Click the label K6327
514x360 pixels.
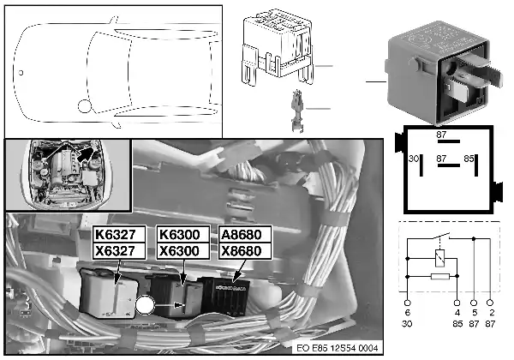116,235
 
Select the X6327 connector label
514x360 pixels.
116,251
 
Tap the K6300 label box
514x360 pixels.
178,235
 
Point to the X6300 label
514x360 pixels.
178,251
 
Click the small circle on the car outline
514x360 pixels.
84,107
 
